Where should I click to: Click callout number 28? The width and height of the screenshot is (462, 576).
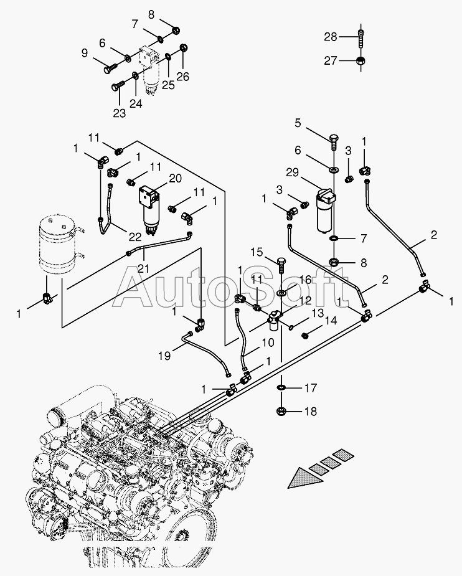coord(330,37)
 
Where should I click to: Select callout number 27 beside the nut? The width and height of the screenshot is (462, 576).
coord(330,61)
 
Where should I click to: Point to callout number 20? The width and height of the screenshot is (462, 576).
coord(175,177)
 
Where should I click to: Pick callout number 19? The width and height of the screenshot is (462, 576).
coord(164,356)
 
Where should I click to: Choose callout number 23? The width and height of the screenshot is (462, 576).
coord(119,113)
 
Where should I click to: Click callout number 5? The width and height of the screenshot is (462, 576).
coord(298,123)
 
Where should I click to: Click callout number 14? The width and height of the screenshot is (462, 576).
coord(330,321)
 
